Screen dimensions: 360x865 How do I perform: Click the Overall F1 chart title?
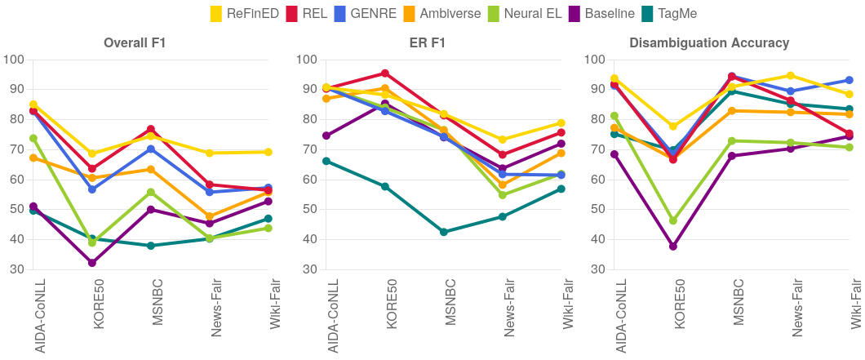tap(135, 43)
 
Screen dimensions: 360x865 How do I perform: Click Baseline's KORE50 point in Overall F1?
tap(92, 263)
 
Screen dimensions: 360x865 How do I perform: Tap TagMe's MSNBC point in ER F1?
tap(444, 232)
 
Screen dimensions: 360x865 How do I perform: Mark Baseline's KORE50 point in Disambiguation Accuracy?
tap(673, 246)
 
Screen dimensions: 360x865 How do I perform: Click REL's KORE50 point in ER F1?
tap(385, 73)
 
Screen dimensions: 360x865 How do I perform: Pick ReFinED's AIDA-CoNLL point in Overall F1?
tap(33, 104)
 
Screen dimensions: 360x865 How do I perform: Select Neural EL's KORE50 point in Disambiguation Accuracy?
tap(673, 220)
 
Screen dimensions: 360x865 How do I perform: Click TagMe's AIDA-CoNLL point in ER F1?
tap(326, 161)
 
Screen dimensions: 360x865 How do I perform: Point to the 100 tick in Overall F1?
tap(14, 60)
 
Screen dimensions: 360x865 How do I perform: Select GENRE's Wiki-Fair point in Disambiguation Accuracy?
tap(849, 80)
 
